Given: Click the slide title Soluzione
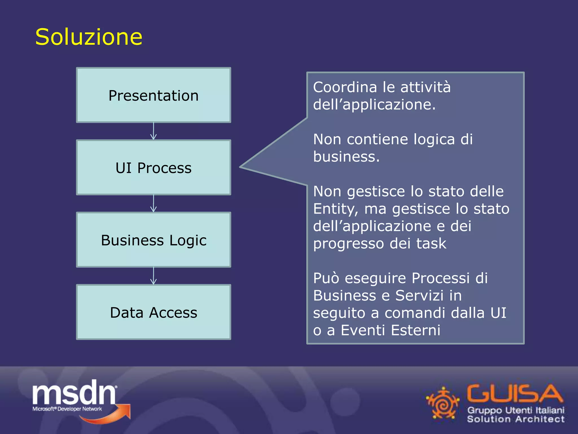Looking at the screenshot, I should [x=89, y=37].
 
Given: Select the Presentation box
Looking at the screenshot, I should [x=154, y=95].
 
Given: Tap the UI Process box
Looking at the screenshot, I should [x=154, y=168].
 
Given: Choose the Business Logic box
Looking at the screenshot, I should [x=154, y=240].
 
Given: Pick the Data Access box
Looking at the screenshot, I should [x=154, y=312].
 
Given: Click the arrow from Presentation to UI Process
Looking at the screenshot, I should [x=154, y=131].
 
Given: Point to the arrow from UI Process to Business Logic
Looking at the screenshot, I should [x=154, y=203].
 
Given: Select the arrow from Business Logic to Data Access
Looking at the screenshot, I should [x=154, y=276].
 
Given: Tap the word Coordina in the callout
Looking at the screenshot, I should [x=345, y=87].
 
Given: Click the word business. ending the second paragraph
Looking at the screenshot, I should [x=346, y=157].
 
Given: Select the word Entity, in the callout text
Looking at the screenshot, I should [x=336, y=209].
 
